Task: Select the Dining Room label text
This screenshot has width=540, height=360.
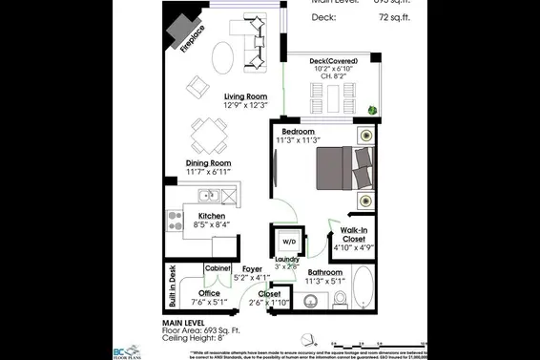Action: click(x=207, y=163)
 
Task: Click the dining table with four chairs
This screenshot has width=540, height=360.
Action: click(x=208, y=136)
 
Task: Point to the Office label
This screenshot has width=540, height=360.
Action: click(x=208, y=293)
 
